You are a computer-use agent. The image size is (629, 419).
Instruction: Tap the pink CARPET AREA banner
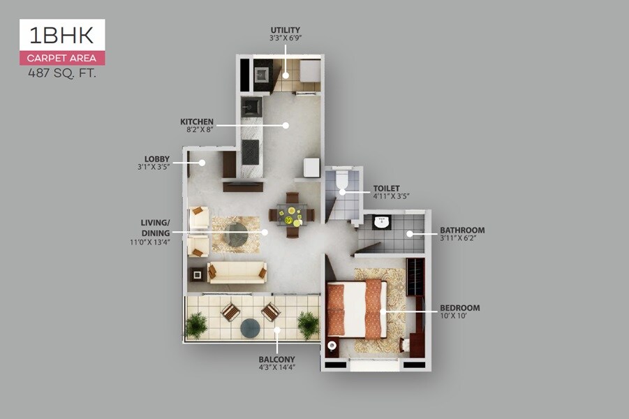click(x=62, y=59)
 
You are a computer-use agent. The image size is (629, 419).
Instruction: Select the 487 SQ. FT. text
click(x=62, y=73)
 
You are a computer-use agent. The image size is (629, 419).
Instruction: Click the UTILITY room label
click(x=286, y=30)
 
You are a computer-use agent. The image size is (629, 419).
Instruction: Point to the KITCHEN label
click(x=197, y=122)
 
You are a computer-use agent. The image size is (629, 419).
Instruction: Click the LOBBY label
click(x=157, y=159)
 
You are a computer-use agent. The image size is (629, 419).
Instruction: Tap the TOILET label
click(x=385, y=189)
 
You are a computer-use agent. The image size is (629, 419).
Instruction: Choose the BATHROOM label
click(x=461, y=230)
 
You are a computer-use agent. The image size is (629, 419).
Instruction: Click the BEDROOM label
click(x=459, y=307)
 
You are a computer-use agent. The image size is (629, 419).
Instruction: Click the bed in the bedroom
click(x=355, y=308)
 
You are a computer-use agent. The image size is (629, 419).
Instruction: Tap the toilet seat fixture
click(x=341, y=181)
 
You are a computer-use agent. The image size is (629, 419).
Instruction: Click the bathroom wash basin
click(x=381, y=222)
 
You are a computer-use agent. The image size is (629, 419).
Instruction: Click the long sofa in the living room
click(x=237, y=272)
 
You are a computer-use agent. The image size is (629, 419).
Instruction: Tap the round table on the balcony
click(x=250, y=328)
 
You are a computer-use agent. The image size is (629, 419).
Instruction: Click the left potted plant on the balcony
click(x=196, y=325)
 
